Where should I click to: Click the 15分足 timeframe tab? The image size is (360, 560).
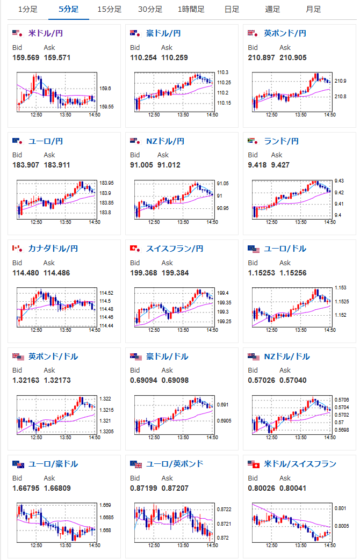click(x=110, y=9)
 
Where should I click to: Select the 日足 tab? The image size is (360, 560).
click(x=232, y=9)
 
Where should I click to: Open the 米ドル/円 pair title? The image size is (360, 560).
click(x=45, y=33)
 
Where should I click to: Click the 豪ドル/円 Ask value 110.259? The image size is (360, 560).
click(x=175, y=57)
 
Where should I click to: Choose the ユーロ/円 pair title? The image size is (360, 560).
click(x=45, y=141)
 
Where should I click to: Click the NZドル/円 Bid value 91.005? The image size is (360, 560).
click(x=141, y=165)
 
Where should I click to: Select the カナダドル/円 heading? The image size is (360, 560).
click(x=53, y=249)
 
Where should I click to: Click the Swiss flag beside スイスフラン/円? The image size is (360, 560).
click(x=135, y=249)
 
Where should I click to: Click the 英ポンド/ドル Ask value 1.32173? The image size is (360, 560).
click(x=57, y=380)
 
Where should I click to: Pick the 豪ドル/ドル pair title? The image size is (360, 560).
click(x=163, y=357)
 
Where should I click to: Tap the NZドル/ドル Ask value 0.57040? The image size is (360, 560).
click(x=293, y=380)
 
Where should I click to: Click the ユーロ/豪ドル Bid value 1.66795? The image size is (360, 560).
click(x=26, y=488)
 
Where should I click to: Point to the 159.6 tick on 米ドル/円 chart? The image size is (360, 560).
click(x=105, y=89)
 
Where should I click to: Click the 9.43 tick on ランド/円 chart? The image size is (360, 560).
click(x=339, y=181)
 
